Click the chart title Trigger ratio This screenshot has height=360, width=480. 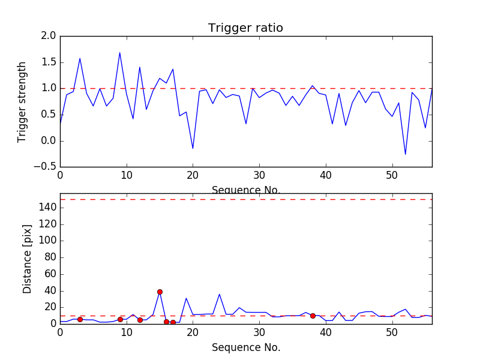(x=245, y=28)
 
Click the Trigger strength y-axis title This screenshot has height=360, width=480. (x=22, y=101)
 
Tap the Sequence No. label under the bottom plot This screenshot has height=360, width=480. (x=245, y=347)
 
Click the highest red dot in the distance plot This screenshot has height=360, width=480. (x=160, y=292)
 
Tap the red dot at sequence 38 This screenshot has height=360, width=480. (x=313, y=316)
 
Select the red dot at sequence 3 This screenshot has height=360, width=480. (x=80, y=319)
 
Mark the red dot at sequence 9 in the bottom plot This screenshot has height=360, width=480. (x=120, y=319)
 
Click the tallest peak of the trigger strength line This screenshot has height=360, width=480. (x=119, y=53)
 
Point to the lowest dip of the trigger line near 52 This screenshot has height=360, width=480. (x=405, y=154)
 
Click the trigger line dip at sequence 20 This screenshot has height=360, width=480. (x=193, y=148)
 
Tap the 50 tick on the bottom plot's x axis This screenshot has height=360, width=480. (x=392, y=331)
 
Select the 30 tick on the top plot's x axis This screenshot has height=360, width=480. (x=259, y=175)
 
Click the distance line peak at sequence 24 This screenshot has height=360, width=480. (x=220, y=294)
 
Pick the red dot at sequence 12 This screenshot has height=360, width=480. (x=140, y=320)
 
